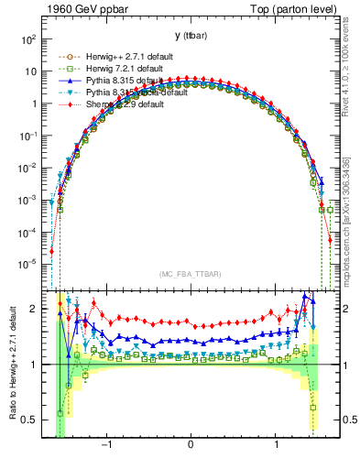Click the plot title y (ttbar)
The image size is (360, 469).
tap(190, 35)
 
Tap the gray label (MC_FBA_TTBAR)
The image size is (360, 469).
tap(190, 273)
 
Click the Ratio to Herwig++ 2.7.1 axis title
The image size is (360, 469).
tap(10, 364)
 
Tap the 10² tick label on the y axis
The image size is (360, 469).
tap(28, 40)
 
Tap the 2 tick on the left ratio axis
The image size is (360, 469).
tap(35, 309)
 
